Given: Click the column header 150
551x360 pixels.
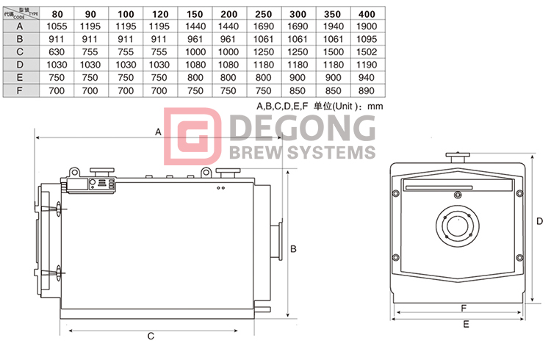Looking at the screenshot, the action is pos(195,14).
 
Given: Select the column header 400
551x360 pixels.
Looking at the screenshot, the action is pos(367,14).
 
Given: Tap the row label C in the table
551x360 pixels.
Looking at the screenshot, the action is pos(20,51).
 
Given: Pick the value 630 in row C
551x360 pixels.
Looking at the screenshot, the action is pos(57,52).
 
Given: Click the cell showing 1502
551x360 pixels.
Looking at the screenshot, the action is pos(367,52).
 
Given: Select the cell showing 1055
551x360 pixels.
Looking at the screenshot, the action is pos(57,26).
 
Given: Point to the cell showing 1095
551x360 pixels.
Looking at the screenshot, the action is pos(367,39).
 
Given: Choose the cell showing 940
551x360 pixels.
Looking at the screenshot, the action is pos(367,77).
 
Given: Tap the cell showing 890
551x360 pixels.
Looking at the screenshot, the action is pos(367,90).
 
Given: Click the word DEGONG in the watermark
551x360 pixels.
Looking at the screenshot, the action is pos(303,128).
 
